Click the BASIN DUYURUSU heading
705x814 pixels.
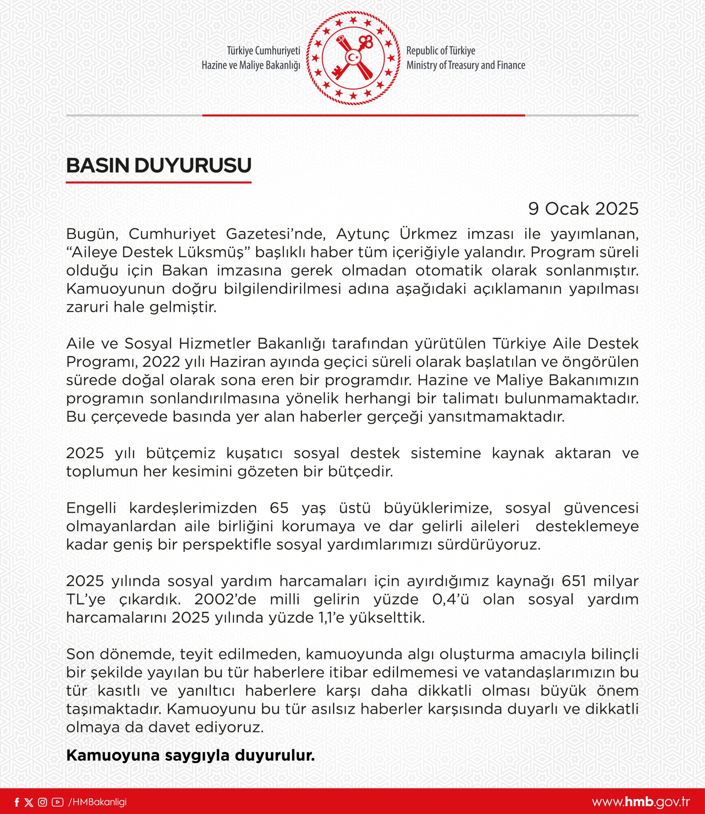pyautogui.click(x=159, y=166)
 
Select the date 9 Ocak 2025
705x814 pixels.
pyautogui.click(x=583, y=209)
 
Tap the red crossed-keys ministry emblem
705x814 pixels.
pyautogui.click(x=353, y=58)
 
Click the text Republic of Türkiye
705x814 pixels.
pyautogui.click(x=441, y=51)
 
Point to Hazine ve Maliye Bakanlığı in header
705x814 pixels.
pyautogui.click(x=250, y=65)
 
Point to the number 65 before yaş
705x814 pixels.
pyautogui.click(x=279, y=508)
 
